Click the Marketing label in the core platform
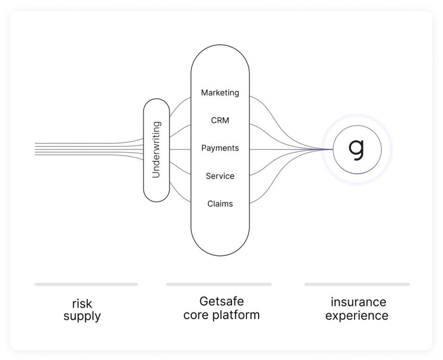(x=220, y=93)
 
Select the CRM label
(x=220, y=120)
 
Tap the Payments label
(x=220, y=148)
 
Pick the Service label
(x=220, y=176)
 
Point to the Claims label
(x=220, y=204)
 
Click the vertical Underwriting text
(x=156, y=150)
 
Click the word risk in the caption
(x=82, y=304)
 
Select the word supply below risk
(x=82, y=317)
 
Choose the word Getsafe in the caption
(x=221, y=301)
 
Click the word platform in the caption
(x=236, y=315)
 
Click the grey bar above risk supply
(x=86, y=284)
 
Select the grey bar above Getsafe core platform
(x=219, y=284)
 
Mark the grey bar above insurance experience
(x=357, y=284)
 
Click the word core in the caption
(x=197, y=315)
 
